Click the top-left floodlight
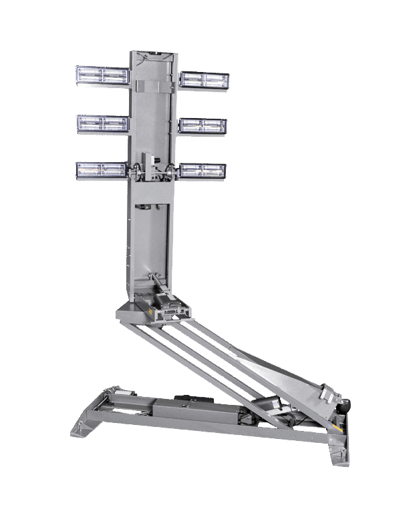102,75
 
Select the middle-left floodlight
102,123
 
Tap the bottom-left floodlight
102,170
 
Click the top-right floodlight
204,80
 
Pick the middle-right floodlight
203,125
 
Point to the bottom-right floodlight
203,170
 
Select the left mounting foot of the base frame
83,427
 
